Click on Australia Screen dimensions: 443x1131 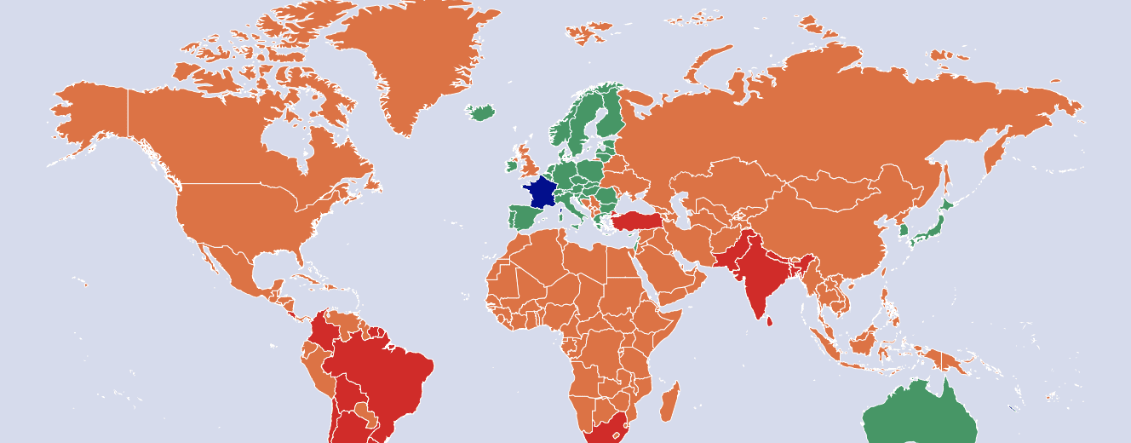920,417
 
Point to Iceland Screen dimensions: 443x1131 483,112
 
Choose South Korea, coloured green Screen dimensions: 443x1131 904,230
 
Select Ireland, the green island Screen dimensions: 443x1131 512,165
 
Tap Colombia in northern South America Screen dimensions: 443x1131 324,332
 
